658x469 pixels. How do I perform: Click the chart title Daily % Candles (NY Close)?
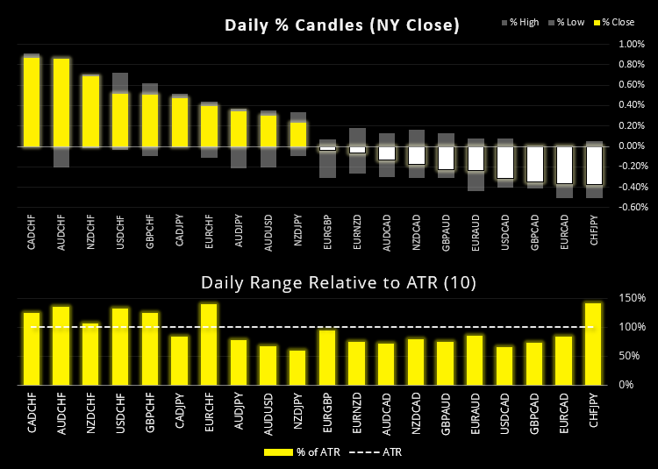click(x=342, y=25)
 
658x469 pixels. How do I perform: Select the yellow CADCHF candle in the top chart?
click(x=32, y=102)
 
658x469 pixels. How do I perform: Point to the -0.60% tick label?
click(x=632, y=208)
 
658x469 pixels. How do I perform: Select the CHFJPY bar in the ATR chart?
click(x=594, y=344)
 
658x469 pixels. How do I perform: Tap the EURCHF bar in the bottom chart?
click(x=209, y=345)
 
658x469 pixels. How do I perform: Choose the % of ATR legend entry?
click(x=293, y=452)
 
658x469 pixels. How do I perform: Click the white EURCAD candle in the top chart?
click(x=564, y=164)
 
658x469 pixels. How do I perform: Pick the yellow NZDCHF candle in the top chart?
click(x=90, y=110)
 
